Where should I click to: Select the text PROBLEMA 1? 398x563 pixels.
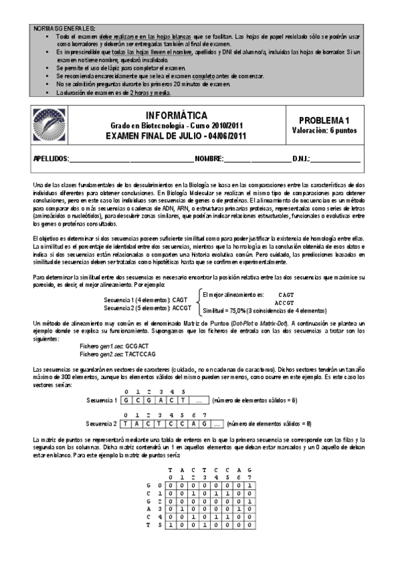tap(324, 120)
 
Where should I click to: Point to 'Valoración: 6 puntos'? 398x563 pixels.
tap(324, 131)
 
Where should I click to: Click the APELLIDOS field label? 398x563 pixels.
tap(51, 160)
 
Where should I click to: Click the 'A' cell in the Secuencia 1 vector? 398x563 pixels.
tap(161, 401)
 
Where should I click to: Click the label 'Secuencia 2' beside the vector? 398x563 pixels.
tap(102, 424)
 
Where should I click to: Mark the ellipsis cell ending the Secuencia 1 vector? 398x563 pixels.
tap(199, 401)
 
